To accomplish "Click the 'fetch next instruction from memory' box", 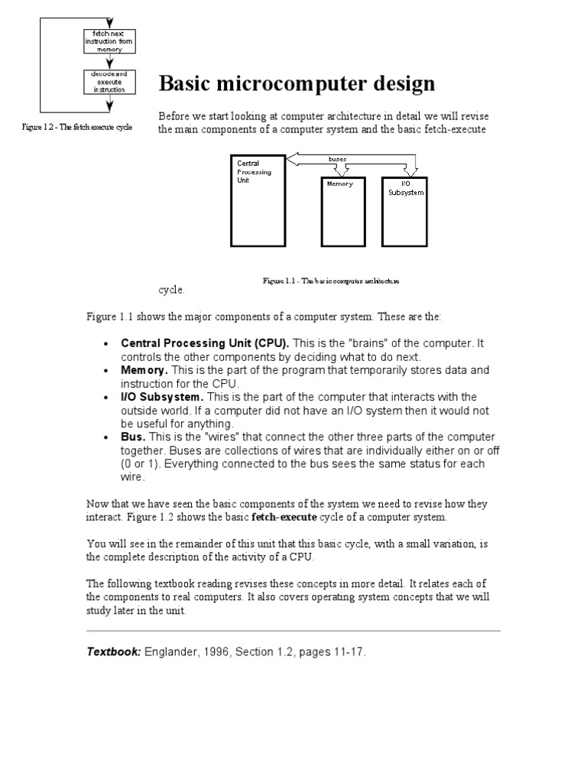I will click(109, 41).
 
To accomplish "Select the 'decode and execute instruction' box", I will click(109, 82).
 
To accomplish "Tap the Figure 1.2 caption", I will click(77, 127).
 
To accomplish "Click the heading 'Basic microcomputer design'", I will click(297, 83).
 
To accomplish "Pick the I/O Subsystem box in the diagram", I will click(405, 212).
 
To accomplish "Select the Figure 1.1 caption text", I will click(331, 281).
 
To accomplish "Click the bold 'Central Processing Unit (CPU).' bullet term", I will click(205, 343).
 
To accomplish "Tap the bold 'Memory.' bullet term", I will click(144, 370).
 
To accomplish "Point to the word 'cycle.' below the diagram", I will click(171, 291).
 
